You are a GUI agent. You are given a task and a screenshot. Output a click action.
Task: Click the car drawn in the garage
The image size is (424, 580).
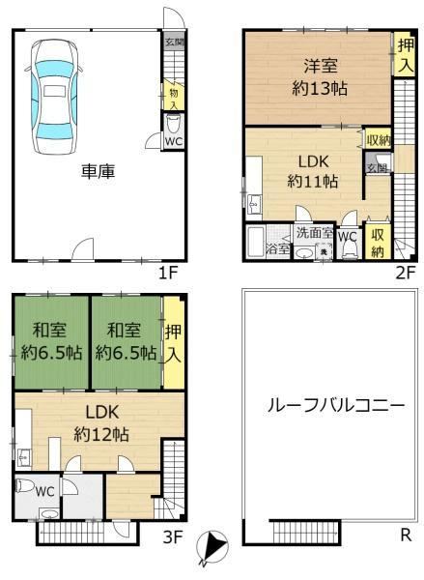point(54,97)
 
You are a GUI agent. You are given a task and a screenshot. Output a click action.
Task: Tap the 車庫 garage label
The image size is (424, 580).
point(98,172)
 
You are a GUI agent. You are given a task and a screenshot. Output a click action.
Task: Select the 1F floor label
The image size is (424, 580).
point(168,274)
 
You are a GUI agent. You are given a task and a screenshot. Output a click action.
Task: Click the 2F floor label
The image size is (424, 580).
point(406,274)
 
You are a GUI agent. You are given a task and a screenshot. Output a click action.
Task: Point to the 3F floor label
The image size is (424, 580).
point(173,536)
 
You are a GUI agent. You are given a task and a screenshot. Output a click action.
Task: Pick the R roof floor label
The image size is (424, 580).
point(407,535)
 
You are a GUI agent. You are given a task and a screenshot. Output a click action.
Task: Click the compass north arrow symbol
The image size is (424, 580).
point(212,548)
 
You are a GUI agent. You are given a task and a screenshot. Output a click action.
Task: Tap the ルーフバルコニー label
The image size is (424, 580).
point(336,406)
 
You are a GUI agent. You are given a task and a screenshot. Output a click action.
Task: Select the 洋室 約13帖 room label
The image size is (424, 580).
point(320,77)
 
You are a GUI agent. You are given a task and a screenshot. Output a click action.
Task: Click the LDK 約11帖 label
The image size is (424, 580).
point(313,172)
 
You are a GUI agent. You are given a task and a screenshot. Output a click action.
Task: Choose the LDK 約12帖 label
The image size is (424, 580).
point(101,422)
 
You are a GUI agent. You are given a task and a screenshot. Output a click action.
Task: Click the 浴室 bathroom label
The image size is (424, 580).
point(277,249)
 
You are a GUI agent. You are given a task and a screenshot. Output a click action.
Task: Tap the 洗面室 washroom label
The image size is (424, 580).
point(315,233)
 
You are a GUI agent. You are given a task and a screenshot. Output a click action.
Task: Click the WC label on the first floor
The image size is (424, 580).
point(174,142)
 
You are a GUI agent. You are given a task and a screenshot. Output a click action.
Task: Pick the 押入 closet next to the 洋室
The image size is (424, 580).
point(404,55)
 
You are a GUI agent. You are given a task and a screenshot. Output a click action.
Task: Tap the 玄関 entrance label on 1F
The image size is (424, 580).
point(175,42)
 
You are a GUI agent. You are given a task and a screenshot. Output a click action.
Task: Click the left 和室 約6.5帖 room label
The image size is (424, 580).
point(51,342)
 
